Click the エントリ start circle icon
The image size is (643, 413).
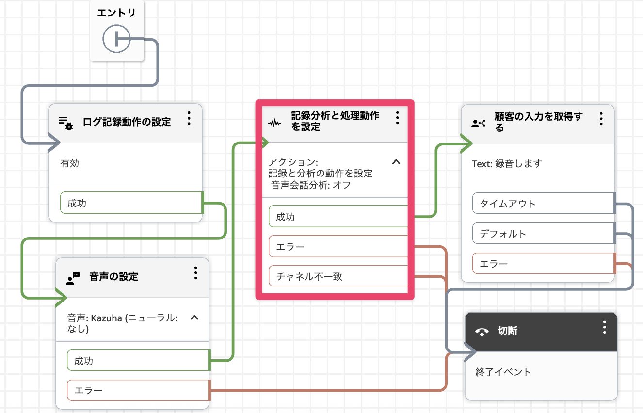pyautogui.click(x=116, y=39)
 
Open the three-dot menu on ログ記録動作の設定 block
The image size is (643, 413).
pyautogui.click(x=189, y=119)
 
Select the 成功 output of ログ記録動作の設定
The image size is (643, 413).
pyautogui.click(x=130, y=203)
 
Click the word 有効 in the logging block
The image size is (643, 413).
pyautogui.click(x=70, y=163)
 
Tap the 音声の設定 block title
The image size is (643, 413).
pyautogui.click(x=114, y=277)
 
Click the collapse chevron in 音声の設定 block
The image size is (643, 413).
pyautogui.click(x=194, y=318)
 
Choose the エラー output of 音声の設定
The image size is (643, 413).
pyautogui.click(x=138, y=390)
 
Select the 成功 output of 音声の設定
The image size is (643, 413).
pyautogui.click(x=138, y=361)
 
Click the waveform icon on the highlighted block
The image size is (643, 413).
pyautogui.click(x=274, y=123)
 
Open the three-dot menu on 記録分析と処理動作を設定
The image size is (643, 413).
pyautogui.click(x=397, y=118)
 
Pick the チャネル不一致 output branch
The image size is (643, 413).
pyautogui.click(x=338, y=276)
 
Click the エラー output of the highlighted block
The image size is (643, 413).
pyautogui.click(x=338, y=247)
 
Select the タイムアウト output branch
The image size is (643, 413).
pyautogui.click(x=543, y=204)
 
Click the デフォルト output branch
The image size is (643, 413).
pyautogui.click(x=543, y=234)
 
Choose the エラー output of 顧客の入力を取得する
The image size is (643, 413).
pyautogui.click(x=543, y=264)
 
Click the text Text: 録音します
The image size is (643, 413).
pyautogui.click(x=507, y=164)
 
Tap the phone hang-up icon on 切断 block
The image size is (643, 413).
pyautogui.click(x=482, y=332)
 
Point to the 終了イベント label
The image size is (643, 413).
pyautogui.click(x=503, y=372)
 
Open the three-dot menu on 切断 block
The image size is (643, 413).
pyautogui.click(x=604, y=327)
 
